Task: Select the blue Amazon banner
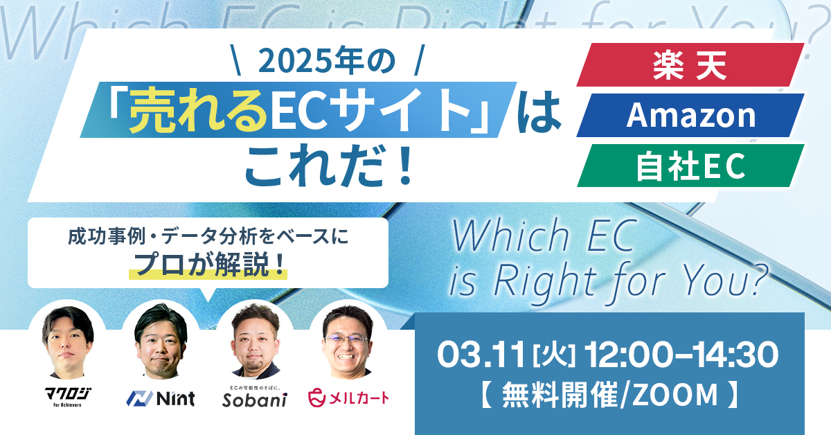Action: click(x=690, y=116)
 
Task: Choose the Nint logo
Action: click(x=161, y=398)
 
